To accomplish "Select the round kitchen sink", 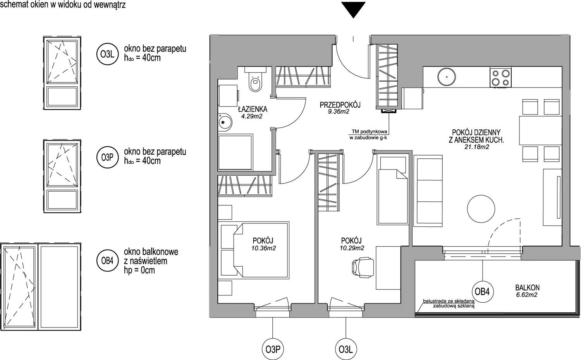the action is pyautogui.click(x=446, y=77).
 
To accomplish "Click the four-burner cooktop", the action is pyautogui.click(x=500, y=77).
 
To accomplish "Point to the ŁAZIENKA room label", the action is pyautogui.click(x=253, y=109).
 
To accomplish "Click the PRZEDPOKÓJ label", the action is pyautogui.click(x=340, y=105).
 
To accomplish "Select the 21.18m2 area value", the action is pyautogui.click(x=476, y=147).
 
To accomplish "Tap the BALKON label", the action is pyautogui.click(x=527, y=288).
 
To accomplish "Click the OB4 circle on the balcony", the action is pyautogui.click(x=482, y=292).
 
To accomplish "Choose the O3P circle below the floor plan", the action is pyautogui.click(x=273, y=350).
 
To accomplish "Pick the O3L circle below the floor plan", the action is pyautogui.click(x=346, y=350).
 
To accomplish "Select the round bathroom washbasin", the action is pyautogui.click(x=225, y=122).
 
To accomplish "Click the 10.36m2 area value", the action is pyautogui.click(x=263, y=248).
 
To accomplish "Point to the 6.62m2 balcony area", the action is pyautogui.click(x=526, y=295).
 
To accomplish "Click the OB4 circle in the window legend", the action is pyautogui.click(x=107, y=261).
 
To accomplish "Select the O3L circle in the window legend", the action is pyautogui.click(x=107, y=54).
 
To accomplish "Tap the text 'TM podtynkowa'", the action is pyautogui.click(x=370, y=131).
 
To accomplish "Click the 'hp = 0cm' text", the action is pyautogui.click(x=139, y=270).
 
